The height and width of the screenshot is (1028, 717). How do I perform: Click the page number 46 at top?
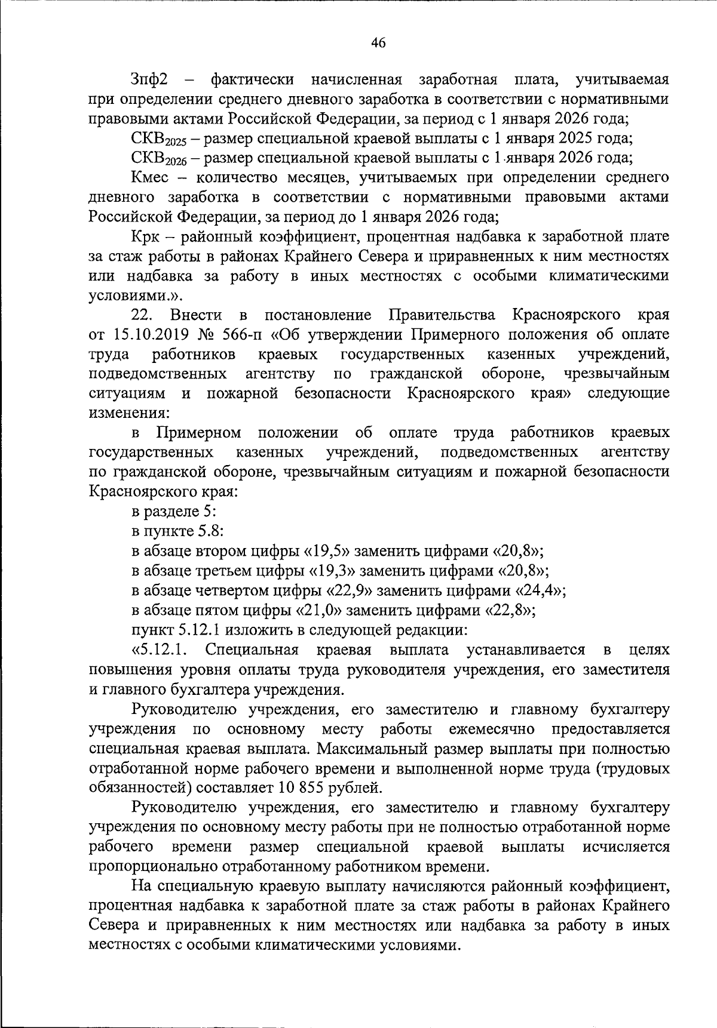378,42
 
